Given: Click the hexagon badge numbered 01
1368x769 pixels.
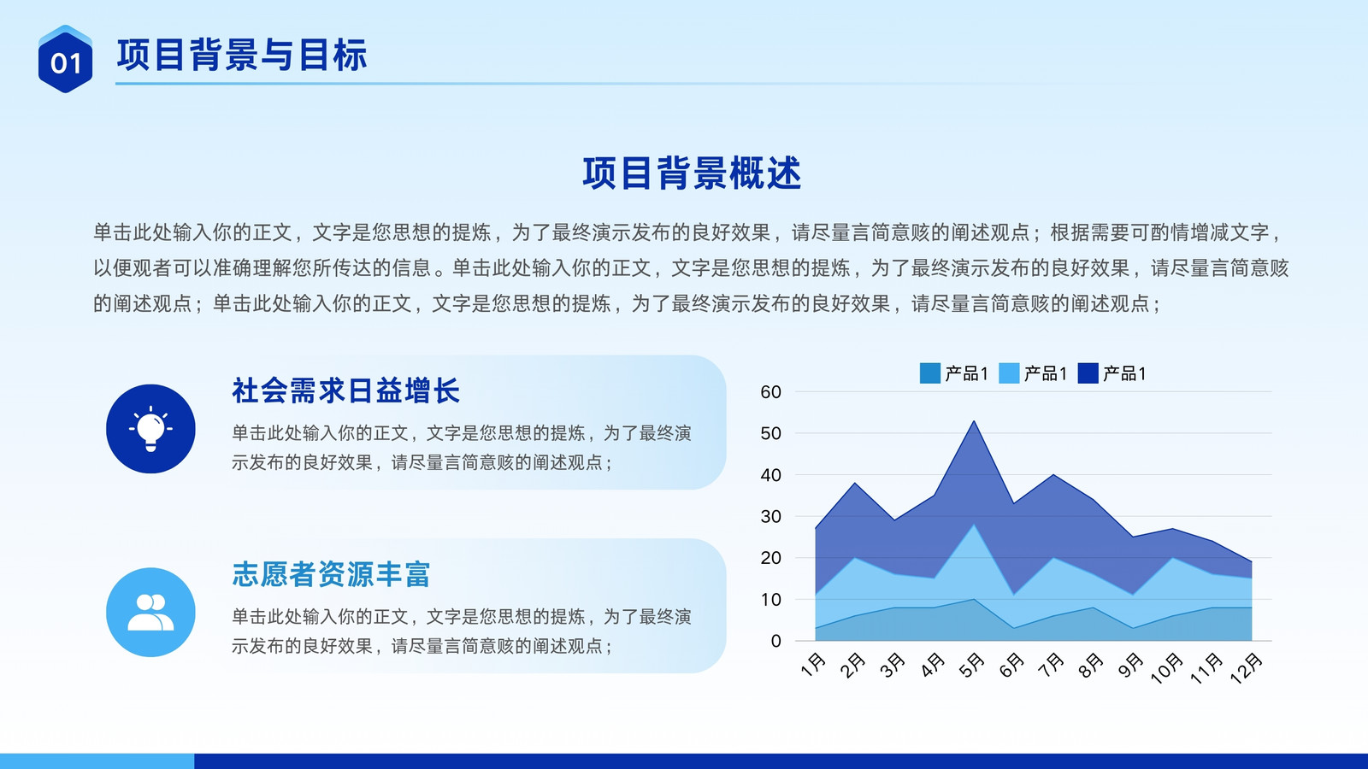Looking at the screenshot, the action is click(x=65, y=59).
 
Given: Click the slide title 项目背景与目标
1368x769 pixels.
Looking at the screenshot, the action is click(x=242, y=55).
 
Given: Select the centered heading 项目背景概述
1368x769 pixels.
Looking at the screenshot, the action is click(x=692, y=173).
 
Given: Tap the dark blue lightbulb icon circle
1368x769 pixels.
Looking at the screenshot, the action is click(x=150, y=428).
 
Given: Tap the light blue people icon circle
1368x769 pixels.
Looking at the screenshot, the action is click(x=150, y=612).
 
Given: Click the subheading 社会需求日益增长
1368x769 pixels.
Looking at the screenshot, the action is click(x=345, y=390).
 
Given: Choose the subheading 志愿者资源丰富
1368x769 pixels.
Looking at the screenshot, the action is click(x=331, y=574).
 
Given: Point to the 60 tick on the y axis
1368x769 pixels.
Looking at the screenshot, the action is click(x=770, y=392).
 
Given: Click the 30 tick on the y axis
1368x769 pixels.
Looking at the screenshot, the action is click(x=770, y=516).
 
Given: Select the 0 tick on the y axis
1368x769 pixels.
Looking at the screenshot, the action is click(x=776, y=641).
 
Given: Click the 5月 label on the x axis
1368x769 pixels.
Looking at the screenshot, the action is click(x=971, y=666).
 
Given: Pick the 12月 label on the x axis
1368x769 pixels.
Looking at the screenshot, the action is click(x=1246, y=667).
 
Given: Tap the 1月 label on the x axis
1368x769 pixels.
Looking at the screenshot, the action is click(x=813, y=666).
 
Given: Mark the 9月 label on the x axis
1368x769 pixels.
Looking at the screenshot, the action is click(x=1129, y=666).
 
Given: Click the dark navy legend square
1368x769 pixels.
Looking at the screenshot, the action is click(x=1088, y=373).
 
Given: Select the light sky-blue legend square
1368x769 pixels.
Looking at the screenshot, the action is click(x=1009, y=373).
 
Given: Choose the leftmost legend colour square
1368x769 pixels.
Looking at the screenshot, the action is click(x=930, y=373).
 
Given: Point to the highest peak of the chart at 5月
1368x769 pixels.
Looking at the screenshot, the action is click(x=974, y=421).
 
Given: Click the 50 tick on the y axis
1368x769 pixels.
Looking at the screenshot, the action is click(x=770, y=433).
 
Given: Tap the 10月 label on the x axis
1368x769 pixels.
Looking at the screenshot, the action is click(x=1166, y=667).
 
